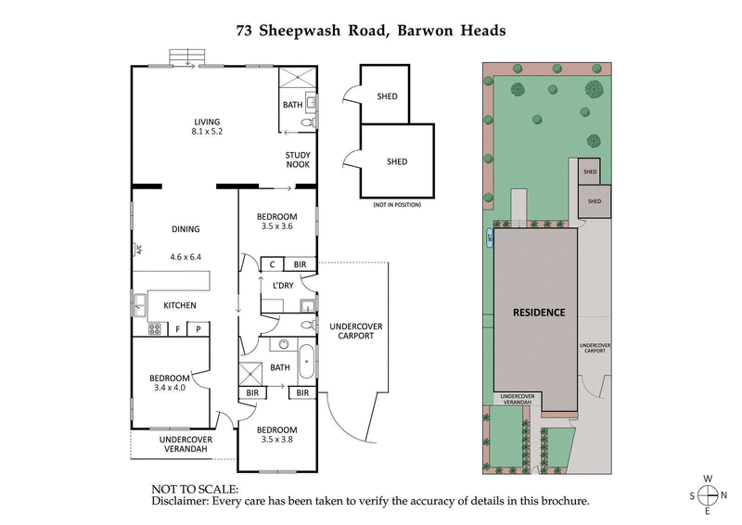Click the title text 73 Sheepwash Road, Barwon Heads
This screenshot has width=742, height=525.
pyautogui.click(x=371, y=30)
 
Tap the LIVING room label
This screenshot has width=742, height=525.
pyautogui.click(x=208, y=122)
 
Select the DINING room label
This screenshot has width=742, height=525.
pyautogui.click(x=185, y=229)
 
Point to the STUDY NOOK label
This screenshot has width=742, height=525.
pyautogui.click(x=297, y=160)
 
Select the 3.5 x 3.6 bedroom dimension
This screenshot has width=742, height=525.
pyautogui.click(x=275, y=226)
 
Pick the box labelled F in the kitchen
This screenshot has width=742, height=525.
pyautogui.click(x=177, y=328)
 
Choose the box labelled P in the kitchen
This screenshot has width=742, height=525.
pyautogui.click(x=198, y=328)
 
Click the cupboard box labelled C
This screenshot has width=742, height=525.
pyautogui.click(x=271, y=264)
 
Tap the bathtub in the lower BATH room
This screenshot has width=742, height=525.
pyautogui.click(x=306, y=360)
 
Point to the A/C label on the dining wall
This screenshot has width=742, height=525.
pyautogui.click(x=137, y=249)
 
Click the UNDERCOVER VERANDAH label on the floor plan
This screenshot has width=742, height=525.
pyautogui.click(x=185, y=444)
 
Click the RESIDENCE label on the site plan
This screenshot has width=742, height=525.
pyautogui.click(x=539, y=313)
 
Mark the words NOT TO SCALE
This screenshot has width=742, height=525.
pyautogui.click(x=195, y=489)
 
